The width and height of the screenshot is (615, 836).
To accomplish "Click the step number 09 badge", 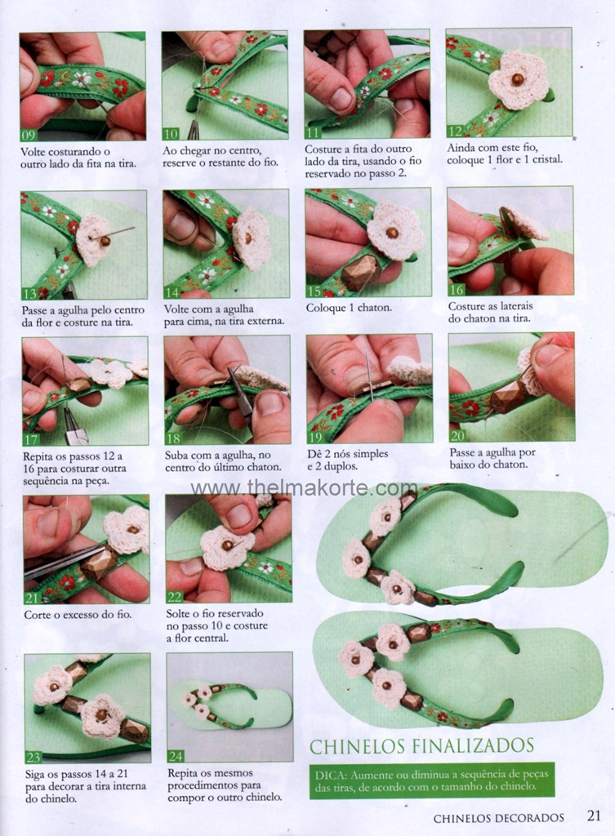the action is (29, 134).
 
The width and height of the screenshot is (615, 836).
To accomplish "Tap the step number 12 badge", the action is (455, 131).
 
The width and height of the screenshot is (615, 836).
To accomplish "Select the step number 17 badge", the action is (32, 439).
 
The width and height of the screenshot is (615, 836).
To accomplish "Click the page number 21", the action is (594, 816).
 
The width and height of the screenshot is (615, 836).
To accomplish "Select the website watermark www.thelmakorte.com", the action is (305, 488).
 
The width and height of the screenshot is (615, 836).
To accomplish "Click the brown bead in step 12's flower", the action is (516, 79).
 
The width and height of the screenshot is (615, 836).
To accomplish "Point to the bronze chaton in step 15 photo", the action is (361, 273).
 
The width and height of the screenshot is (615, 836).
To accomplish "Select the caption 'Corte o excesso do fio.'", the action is (78, 615).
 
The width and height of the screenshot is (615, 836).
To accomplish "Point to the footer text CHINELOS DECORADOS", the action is (499, 817).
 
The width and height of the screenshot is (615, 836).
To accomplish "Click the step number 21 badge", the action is (33, 598).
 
